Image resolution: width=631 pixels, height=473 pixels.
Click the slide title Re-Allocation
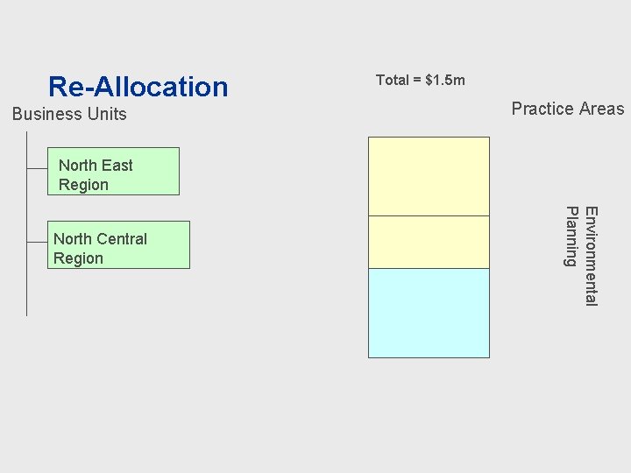(138, 87)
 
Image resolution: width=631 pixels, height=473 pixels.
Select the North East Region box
(114, 171)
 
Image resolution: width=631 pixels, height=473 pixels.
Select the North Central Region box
(118, 244)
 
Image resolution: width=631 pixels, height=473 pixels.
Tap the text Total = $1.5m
(420, 81)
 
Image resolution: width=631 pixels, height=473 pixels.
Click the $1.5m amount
(444, 81)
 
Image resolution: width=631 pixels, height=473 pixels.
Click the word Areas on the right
(600, 109)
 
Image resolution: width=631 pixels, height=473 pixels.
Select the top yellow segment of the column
(429, 176)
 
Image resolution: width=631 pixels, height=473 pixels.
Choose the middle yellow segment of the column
(429, 242)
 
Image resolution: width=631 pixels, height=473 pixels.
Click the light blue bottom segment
(429, 313)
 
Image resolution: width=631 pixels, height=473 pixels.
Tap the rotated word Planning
(571, 236)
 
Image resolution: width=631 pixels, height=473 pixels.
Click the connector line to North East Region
(37, 167)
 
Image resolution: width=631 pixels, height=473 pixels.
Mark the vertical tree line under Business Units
(27, 280)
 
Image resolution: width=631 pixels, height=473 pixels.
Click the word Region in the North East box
(83, 185)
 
